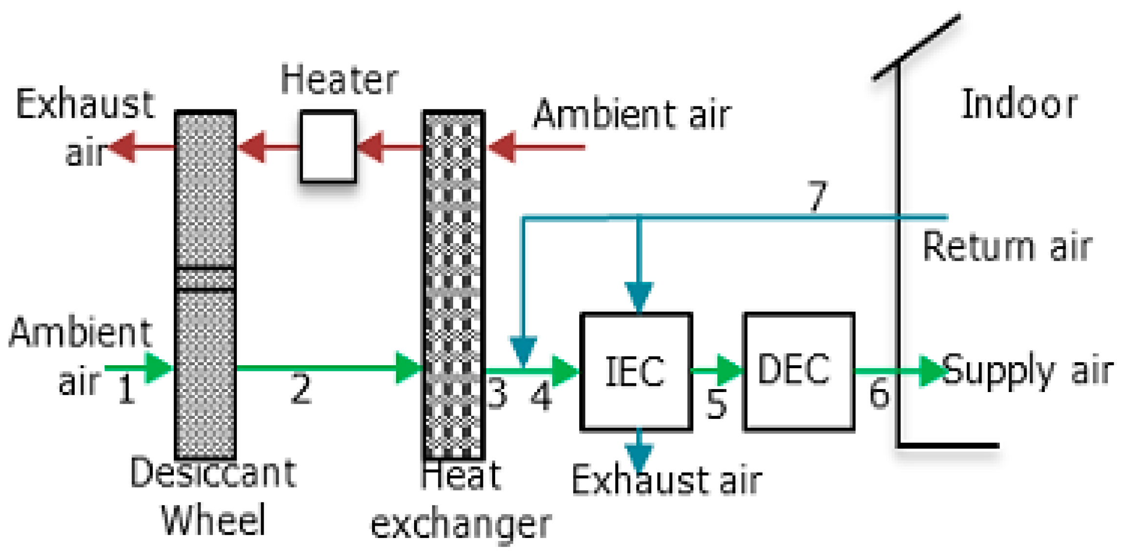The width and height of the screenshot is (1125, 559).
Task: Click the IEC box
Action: click(x=636, y=372)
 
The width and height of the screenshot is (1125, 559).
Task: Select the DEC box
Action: click(x=799, y=372)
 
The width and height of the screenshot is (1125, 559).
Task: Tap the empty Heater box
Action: click(x=328, y=146)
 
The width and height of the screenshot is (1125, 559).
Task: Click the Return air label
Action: click(x=1007, y=247)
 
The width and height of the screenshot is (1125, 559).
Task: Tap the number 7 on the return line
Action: click(x=817, y=196)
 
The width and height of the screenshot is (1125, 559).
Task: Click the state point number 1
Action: click(x=126, y=390)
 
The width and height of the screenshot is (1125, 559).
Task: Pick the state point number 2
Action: click(x=300, y=390)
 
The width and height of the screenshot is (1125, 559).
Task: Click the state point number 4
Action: click(x=541, y=395)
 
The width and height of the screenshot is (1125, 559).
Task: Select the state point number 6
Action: click(x=879, y=393)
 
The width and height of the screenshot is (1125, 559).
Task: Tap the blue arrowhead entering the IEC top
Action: click(x=639, y=295)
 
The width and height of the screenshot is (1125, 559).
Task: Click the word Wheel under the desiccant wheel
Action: click(x=213, y=520)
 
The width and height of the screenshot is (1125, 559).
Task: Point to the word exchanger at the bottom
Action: click(x=461, y=525)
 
